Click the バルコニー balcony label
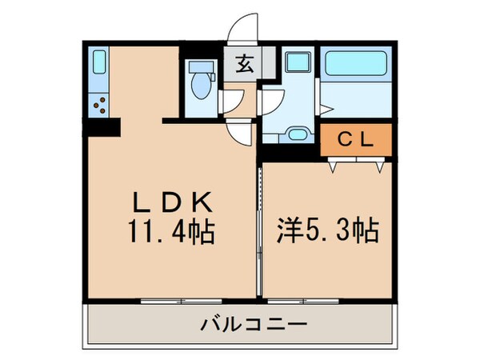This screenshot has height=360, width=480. pos(238,326)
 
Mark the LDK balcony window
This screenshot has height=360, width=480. pos(164,302)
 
